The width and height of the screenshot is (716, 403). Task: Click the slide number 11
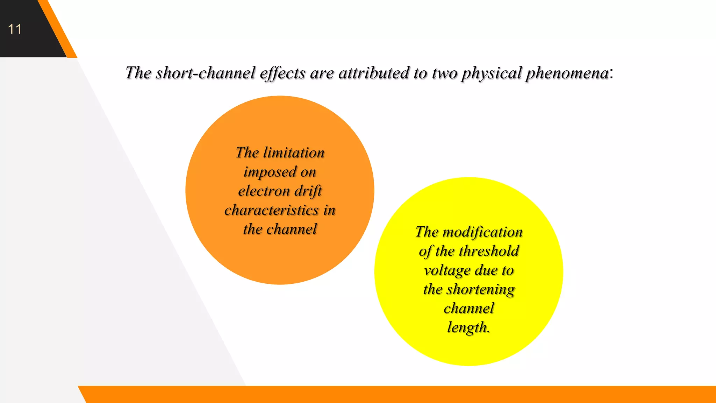[15, 29]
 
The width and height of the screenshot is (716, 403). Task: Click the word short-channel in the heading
[206, 73]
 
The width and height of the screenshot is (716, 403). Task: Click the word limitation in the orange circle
[294, 153]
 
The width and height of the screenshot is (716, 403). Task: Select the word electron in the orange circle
[264, 191]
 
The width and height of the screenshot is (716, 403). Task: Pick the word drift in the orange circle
[308, 191]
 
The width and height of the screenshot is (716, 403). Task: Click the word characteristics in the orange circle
[271, 210]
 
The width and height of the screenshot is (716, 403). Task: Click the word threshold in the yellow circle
[489, 251]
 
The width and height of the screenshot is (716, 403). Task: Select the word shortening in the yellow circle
[481, 290]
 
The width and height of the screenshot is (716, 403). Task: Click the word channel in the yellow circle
[469, 309]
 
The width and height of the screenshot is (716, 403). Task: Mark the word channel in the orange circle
[292, 229]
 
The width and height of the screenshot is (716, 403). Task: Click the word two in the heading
[444, 73]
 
